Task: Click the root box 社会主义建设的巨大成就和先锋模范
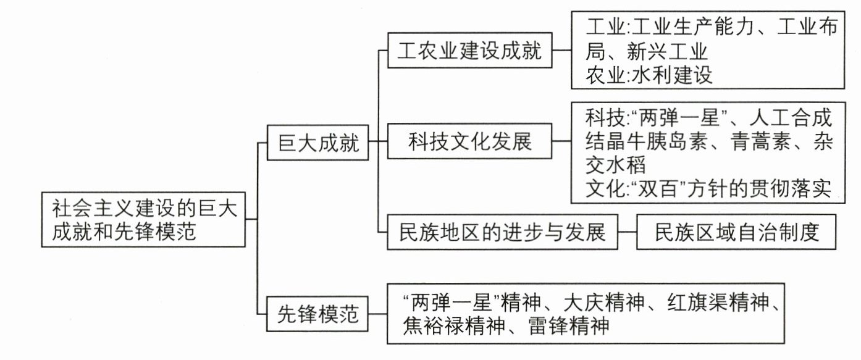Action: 143,219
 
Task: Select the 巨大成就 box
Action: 318,143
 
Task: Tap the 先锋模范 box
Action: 317,314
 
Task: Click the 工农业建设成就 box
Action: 469,51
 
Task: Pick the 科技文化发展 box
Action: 469,141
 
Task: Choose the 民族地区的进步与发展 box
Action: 502,232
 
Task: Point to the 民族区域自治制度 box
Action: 736,232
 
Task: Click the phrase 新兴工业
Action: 667,51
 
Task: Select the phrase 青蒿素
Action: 760,141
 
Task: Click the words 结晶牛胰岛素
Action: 646,141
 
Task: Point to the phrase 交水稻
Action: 615,165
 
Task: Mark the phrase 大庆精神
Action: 604,303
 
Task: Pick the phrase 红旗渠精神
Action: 718,303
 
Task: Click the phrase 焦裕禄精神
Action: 454,326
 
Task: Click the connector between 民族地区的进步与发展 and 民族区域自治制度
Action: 628,232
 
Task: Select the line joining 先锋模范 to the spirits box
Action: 377,314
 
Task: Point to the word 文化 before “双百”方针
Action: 606,188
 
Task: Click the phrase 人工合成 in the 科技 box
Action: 791,117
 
